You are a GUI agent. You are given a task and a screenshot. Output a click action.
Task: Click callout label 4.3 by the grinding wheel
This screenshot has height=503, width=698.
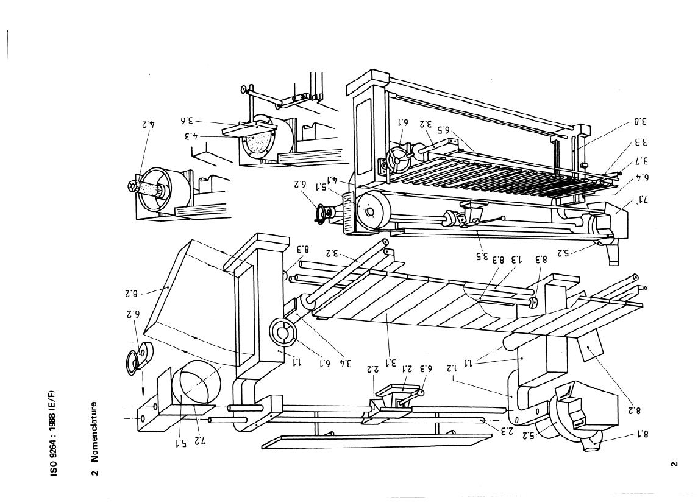[x=191, y=135]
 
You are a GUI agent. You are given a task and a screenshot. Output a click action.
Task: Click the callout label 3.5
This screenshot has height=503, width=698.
[x=482, y=256]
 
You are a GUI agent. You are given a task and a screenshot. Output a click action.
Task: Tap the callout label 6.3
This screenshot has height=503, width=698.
[x=426, y=368]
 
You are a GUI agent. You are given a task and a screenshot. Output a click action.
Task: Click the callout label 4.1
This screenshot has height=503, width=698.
[x=334, y=180]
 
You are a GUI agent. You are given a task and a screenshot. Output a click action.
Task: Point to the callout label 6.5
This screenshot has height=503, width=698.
[x=443, y=129]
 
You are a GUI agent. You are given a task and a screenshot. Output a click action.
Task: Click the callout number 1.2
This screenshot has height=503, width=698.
[x=451, y=368]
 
